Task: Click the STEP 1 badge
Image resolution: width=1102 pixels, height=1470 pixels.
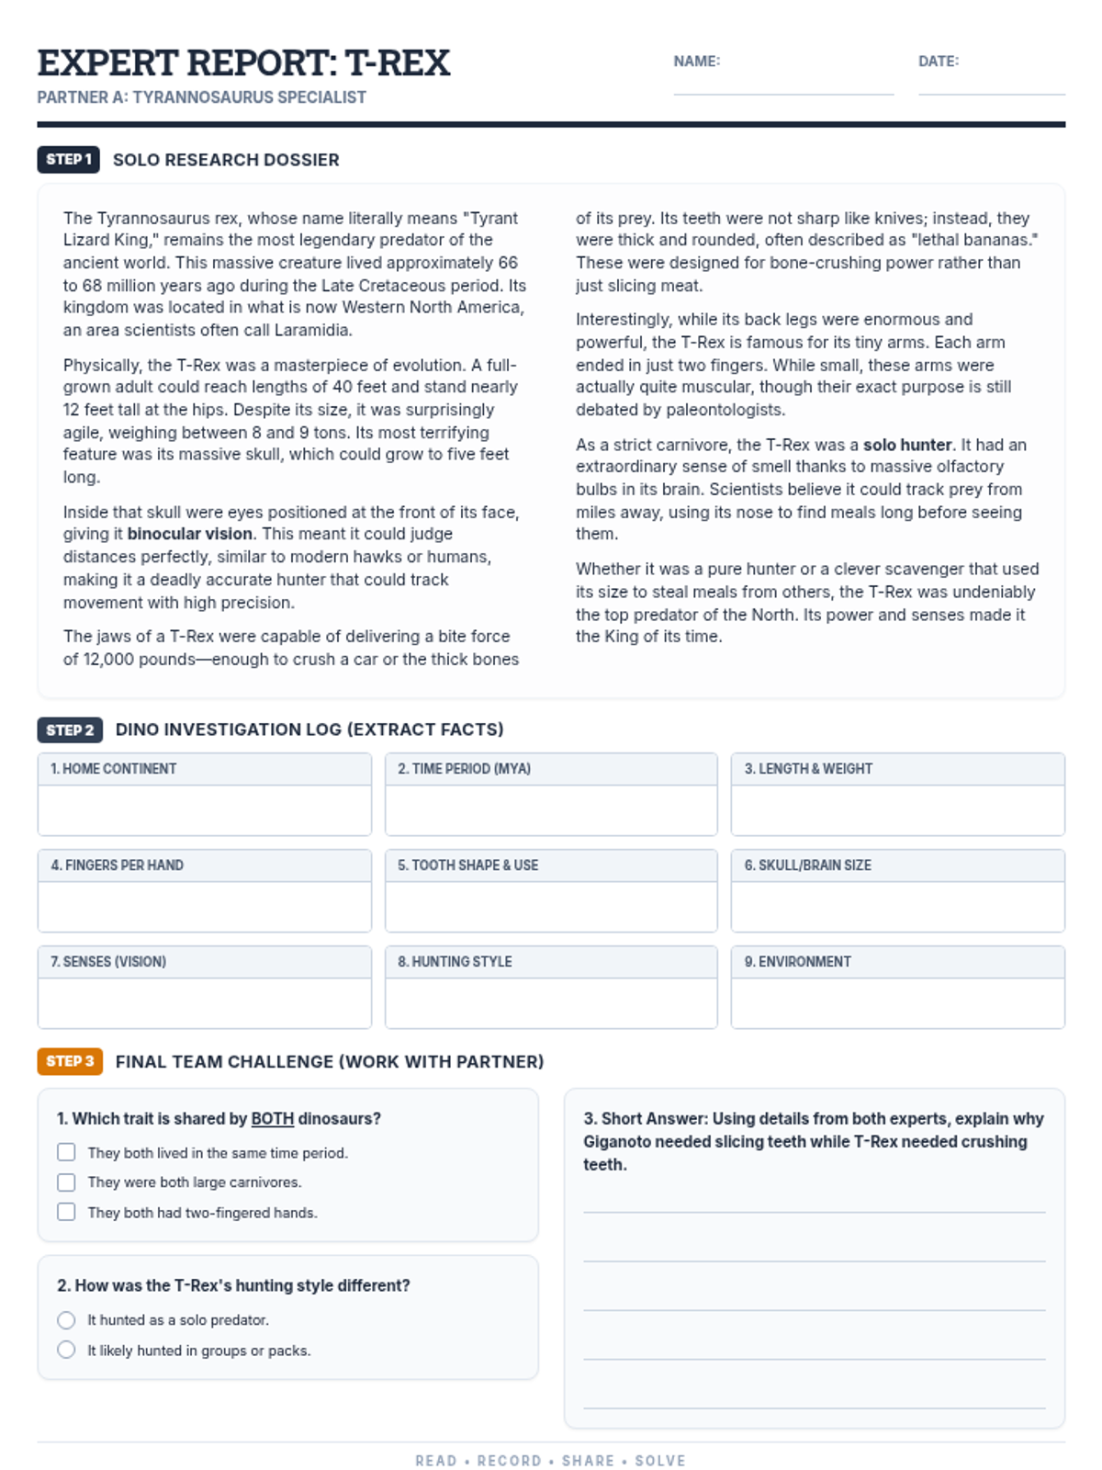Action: pyautogui.click(x=69, y=160)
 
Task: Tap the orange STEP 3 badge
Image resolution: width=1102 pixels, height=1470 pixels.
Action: pyautogui.click(x=70, y=1061)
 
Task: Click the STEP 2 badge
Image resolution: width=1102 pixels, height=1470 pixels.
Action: pyautogui.click(x=70, y=730)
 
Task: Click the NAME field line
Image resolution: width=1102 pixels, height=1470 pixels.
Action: pyautogui.click(x=783, y=92)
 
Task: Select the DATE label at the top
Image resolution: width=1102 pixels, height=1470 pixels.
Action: pyautogui.click(x=938, y=62)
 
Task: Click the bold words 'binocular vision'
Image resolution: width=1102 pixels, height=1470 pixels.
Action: pyautogui.click(x=189, y=534)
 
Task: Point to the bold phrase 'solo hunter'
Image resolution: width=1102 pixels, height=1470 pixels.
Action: pyautogui.click(x=907, y=445)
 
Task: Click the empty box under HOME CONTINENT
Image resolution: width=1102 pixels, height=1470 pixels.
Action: pyautogui.click(x=205, y=809)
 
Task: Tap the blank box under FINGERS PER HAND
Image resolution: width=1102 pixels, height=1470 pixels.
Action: pyautogui.click(x=205, y=906)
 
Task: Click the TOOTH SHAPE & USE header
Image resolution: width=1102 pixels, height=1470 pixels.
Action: pyautogui.click(x=467, y=865)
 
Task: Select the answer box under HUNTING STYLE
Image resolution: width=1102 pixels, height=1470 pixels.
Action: pyautogui.click(x=551, y=1002)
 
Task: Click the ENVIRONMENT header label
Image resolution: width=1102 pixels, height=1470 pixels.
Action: pyautogui.click(x=797, y=962)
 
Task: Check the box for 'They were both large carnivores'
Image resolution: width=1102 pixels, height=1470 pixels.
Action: pyautogui.click(x=66, y=1182)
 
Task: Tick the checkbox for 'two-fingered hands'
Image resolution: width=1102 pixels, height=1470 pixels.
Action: pyautogui.click(x=66, y=1212)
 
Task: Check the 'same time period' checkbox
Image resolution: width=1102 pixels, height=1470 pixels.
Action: pyautogui.click(x=66, y=1152)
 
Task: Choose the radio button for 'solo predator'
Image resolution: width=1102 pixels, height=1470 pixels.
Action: pyautogui.click(x=66, y=1320)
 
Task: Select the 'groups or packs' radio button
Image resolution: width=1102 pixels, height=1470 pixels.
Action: pyautogui.click(x=66, y=1350)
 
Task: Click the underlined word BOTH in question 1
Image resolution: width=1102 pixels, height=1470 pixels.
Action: pyautogui.click(x=272, y=1119)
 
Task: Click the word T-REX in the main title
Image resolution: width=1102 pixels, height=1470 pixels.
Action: pyautogui.click(x=397, y=63)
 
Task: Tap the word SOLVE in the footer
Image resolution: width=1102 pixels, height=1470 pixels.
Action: pyautogui.click(x=660, y=1461)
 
